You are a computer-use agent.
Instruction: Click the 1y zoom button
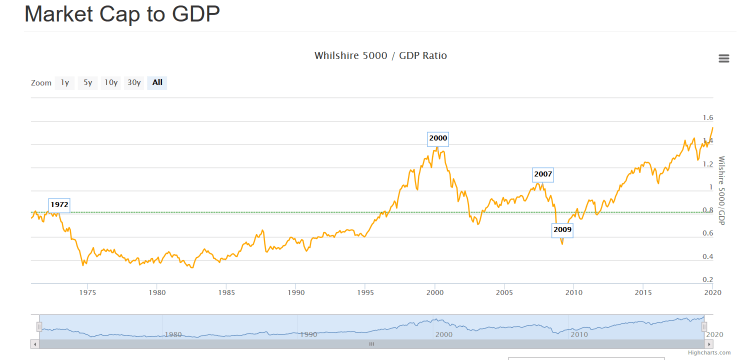point(64,82)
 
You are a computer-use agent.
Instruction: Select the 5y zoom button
point(87,82)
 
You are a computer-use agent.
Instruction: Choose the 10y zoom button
point(111,82)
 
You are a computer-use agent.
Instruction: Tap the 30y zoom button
point(134,82)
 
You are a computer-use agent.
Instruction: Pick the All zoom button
point(157,82)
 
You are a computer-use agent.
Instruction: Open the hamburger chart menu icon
point(723,58)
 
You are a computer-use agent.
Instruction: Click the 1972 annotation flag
point(59,205)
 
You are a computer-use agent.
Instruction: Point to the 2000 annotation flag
point(438,138)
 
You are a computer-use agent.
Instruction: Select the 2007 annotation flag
point(543,174)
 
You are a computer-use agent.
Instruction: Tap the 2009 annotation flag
point(562,230)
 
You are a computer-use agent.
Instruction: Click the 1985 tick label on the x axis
point(226,292)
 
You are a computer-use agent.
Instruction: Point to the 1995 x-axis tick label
point(365,292)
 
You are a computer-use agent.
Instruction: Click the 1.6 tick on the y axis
point(707,118)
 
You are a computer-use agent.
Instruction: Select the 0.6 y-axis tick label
point(707,233)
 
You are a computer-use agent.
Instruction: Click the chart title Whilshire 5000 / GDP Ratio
point(380,55)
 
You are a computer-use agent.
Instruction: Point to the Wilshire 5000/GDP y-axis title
point(721,190)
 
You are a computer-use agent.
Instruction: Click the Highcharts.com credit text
point(709,352)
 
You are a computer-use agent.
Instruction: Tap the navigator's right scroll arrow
point(709,344)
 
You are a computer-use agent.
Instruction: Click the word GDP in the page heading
point(196,14)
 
